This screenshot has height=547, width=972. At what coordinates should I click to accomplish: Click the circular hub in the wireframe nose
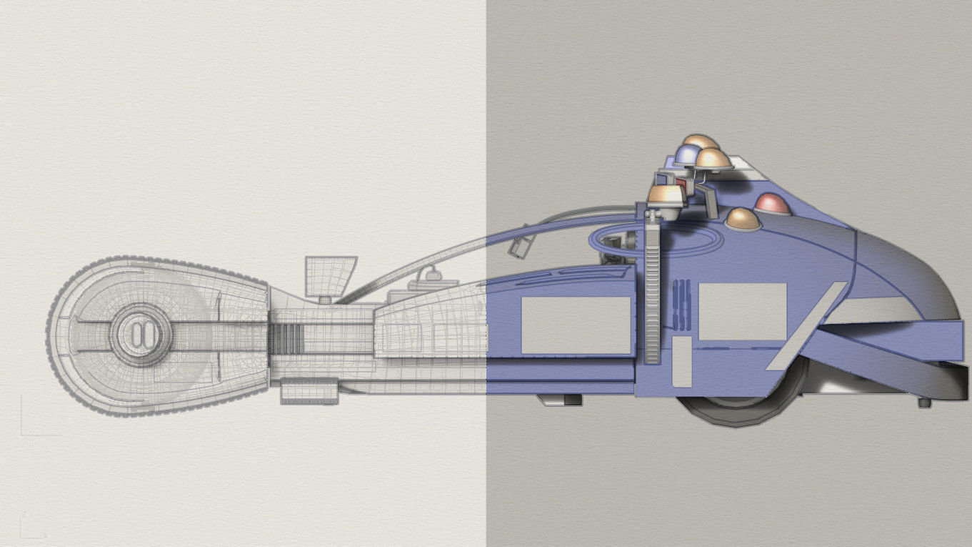tap(139, 334)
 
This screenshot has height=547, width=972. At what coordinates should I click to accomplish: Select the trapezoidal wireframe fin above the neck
tap(331, 275)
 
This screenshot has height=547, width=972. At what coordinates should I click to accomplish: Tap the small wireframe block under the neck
tap(309, 391)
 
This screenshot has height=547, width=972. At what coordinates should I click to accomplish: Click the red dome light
tap(772, 204)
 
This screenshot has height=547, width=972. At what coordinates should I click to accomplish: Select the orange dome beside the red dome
tap(743, 219)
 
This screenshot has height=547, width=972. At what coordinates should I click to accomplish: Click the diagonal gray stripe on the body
tap(806, 326)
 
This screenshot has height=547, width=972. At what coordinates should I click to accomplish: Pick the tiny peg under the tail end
tap(924, 403)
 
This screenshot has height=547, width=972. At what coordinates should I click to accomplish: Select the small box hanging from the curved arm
tap(519, 247)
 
